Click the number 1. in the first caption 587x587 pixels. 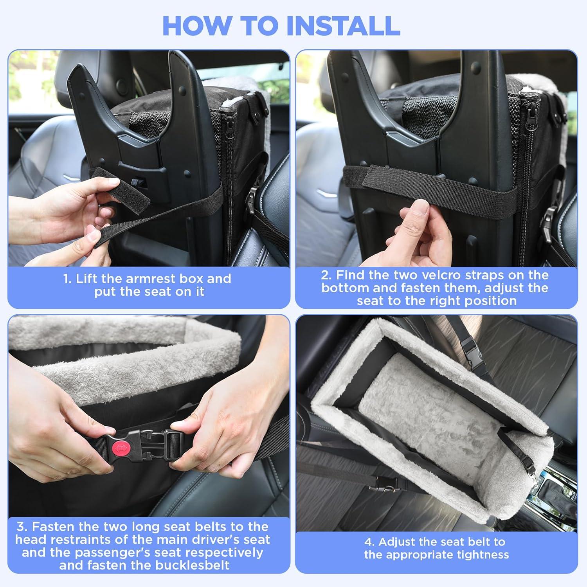coord(68,279)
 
